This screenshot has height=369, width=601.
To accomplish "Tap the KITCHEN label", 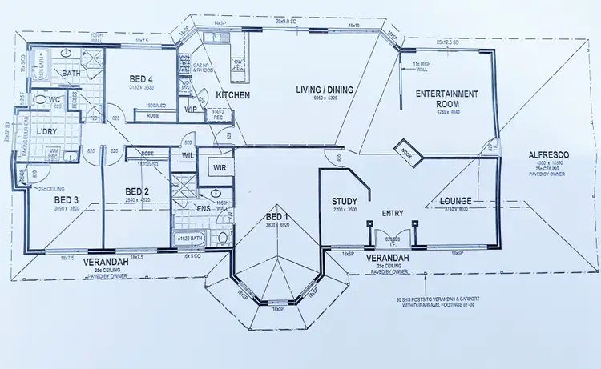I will click(x=233, y=95).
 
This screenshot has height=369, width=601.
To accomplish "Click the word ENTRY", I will click(x=392, y=214).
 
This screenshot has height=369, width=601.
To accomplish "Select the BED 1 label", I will click(x=275, y=218).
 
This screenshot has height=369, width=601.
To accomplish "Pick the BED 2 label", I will click(x=138, y=191).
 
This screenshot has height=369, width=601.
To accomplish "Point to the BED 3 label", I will click(x=66, y=199).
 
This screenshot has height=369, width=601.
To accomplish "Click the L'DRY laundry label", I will click(x=50, y=131).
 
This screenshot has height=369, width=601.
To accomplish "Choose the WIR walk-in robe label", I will click(x=219, y=167).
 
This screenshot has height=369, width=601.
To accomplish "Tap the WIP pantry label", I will click(x=192, y=109).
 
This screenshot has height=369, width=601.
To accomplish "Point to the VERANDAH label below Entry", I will click(x=389, y=259).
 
